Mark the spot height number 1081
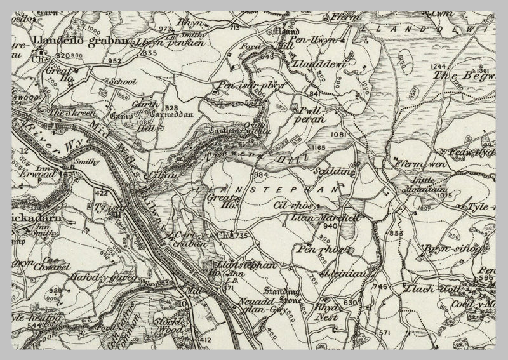pos(337,135)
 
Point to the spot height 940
pos(329,227)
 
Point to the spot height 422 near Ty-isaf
pos(101,192)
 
